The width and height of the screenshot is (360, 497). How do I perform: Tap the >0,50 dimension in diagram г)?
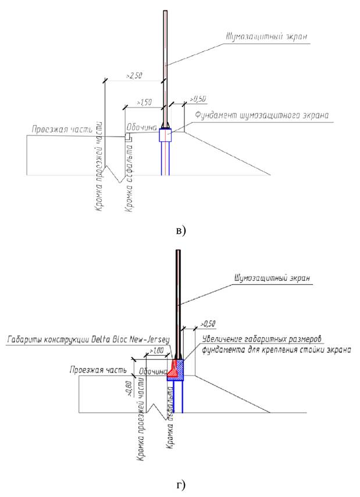coord(208,323)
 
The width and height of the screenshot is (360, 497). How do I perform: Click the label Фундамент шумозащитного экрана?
coord(262,115)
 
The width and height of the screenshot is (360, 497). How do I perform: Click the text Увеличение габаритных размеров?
coord(262,338)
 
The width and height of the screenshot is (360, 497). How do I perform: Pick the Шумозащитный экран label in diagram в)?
coord(266,37)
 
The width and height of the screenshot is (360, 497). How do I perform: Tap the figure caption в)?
coord(180,231)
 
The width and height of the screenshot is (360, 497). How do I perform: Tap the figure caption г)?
coord(181,483)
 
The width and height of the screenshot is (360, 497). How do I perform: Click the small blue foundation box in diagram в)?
coord(166,135)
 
